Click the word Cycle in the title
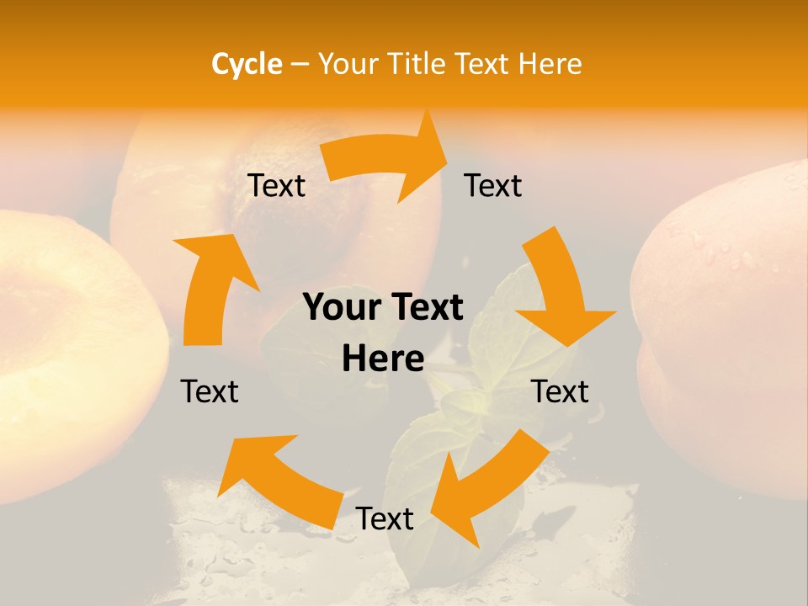click(x=247, y=64)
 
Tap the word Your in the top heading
click(x=348, y=64)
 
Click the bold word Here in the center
click(x=383, y=359)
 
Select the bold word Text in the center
click(x=425, y=307)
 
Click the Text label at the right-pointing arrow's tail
click(x=277, y=186)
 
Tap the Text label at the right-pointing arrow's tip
click(x=493, y=186)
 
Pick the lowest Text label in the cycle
click(x=385, y=519)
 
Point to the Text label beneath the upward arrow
click(x=210, y=391)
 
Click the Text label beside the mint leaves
click(x=560, y=391)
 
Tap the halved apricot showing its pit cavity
click(x=59, y=337)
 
